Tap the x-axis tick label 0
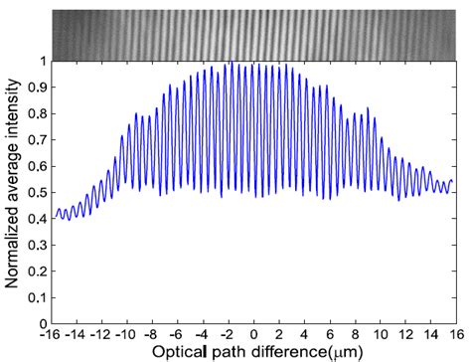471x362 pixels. tap(254, 335)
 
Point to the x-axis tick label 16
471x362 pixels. tap(452, 335)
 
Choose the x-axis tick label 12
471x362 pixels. tap(403, 335)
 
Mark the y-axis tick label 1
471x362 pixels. tap(40, 61)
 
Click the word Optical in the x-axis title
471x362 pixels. tap(181, 352)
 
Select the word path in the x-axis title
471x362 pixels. tap(227, 352)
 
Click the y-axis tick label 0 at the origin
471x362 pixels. tap(40, 323)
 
